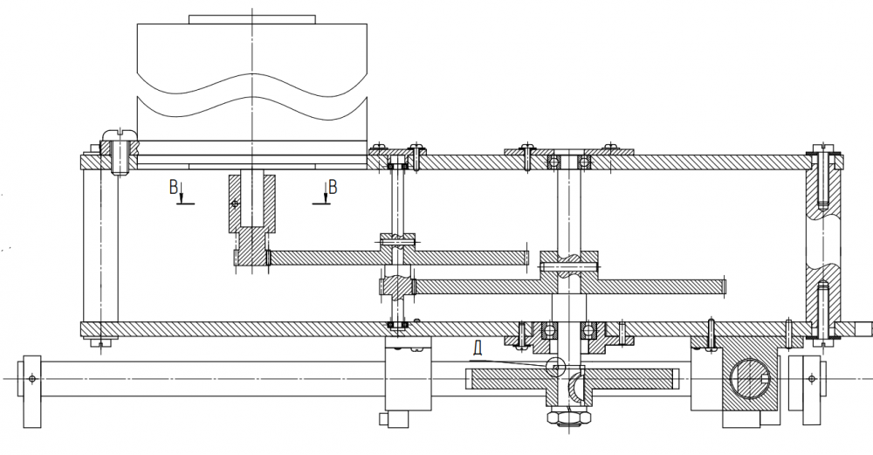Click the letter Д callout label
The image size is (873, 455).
[478, 348]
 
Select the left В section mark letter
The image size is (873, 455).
[174, 187]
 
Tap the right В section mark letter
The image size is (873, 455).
[333, 187]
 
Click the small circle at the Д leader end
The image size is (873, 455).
[555, 366]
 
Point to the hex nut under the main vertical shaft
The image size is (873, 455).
[568, 417]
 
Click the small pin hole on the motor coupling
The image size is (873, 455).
[235, 203]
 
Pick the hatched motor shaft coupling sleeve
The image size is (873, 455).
[251, 221]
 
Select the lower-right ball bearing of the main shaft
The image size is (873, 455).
[588, 331]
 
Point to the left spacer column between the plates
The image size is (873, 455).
[100, 245]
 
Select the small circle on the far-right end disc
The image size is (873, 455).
[812, 379]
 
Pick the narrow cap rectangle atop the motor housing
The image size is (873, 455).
[252, 19]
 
